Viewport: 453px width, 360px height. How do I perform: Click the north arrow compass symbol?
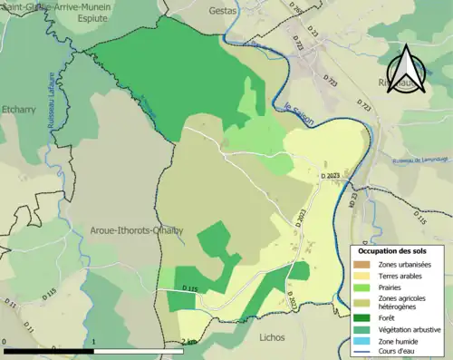pyautogui.click(x=405, y=70)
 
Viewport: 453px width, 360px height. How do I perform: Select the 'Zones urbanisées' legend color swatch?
pyautogui.click(x=365, y=264)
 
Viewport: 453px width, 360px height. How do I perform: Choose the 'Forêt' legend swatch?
pyautogui.click(x=365, y=317)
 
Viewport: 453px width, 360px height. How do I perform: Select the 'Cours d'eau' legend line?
pyautogui.click(x=365, y=352)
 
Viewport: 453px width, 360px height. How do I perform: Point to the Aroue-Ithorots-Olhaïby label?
pyautogui.click(x=136, y=230)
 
